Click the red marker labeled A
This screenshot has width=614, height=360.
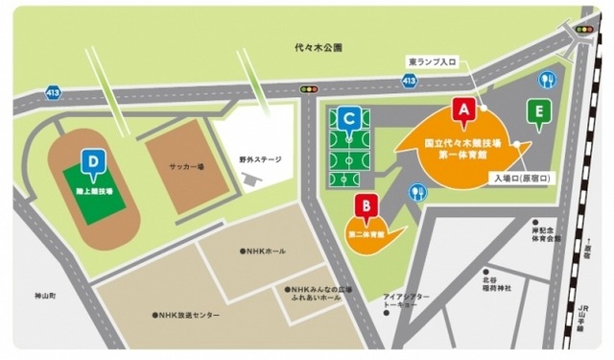pyautogui.click(x=464, y=110)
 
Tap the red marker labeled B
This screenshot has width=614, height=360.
pyautogui.click(x=365, y=206)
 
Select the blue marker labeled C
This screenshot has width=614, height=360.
pyautogui.click(x=352, y=118)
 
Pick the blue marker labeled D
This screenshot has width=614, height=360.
pyautogui.click(x=93, y=163)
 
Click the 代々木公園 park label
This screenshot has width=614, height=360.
pyautogui.click(x=319, y=47)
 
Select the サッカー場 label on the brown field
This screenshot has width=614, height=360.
pyautogui.click(x=189, y=166)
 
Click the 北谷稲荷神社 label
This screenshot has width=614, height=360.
pyautogui.click(x=496, y=284)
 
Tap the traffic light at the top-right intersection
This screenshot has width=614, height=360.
pyautogui.click(x=584, y=30)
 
